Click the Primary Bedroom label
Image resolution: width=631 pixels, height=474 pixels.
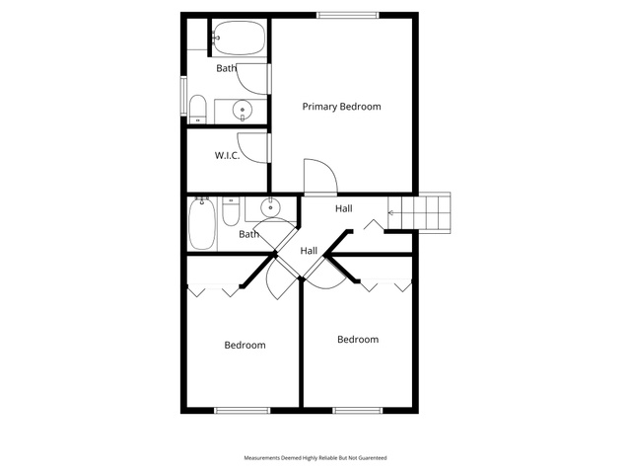341,107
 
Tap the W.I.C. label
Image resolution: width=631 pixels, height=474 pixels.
228,156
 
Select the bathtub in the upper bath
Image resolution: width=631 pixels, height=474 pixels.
239,38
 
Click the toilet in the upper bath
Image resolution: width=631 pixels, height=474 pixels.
197,109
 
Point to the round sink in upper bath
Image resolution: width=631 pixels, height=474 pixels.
243,110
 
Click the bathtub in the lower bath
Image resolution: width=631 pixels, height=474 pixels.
202,224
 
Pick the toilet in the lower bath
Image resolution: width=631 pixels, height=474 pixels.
231,211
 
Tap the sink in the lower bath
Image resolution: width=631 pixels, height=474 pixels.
270,207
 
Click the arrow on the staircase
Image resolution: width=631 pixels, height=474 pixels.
394,213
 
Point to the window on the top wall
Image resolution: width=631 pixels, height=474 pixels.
348,16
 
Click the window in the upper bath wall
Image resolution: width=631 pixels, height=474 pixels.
183,97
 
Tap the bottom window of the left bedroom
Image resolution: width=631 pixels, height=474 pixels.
242,411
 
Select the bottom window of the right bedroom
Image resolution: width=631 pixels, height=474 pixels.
357,411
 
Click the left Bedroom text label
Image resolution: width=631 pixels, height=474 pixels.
245,345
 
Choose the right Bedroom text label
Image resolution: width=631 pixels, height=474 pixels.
358,340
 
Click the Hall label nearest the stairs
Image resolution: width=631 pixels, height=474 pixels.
344,208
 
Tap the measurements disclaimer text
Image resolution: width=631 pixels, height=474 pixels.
315,458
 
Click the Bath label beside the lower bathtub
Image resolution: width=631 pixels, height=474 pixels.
248,234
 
